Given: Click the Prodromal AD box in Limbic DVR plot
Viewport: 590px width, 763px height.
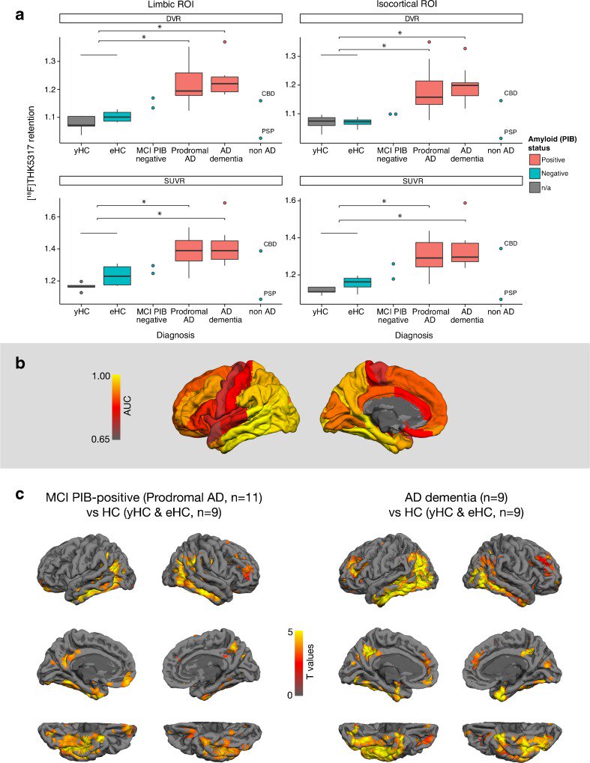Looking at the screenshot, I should (188, 85).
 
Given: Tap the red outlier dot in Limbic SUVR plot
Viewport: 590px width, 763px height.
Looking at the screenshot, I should (224, 203).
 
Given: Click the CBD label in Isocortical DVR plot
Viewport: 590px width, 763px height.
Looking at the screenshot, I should (510, 94).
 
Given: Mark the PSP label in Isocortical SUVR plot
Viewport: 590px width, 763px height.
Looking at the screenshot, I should (510, 293).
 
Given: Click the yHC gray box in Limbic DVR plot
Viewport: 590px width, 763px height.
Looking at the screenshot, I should (80, 121).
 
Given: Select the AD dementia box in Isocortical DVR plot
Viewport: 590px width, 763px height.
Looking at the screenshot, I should (465, 88).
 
